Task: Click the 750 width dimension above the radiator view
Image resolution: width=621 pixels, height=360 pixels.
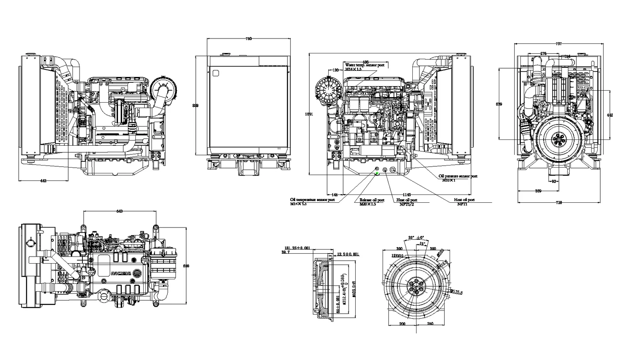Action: (248, 38)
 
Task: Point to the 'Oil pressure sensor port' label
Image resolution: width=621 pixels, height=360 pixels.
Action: (458, 176)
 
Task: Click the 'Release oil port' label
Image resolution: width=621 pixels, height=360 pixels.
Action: (371, 200)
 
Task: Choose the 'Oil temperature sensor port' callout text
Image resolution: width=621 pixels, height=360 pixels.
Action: (312, 200)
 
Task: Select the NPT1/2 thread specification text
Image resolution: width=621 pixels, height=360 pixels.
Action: (407, 204)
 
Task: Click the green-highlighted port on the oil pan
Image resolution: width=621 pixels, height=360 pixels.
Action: (377, 174)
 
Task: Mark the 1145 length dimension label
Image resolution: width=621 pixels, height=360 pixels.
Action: (407, 194)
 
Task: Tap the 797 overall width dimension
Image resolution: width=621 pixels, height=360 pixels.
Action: (559, 43)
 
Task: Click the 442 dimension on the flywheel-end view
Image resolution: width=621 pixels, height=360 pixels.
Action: (609, 115)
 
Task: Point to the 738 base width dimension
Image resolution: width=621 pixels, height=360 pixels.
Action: (558, 202)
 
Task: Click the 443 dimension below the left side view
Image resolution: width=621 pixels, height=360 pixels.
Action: (43, 181)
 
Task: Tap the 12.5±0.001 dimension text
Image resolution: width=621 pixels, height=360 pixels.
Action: (348, 254)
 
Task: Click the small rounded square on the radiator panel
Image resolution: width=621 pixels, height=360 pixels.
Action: (215, 73)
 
